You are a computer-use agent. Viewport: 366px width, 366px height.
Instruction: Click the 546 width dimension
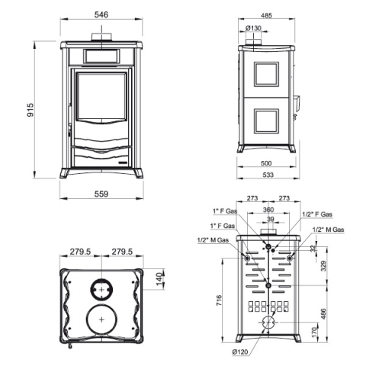coord(101,14)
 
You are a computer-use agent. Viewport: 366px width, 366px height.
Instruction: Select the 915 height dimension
coord(30,110)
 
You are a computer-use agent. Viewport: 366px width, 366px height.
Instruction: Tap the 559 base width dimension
coord(101,194)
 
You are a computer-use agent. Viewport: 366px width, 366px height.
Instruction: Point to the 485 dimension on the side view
coord(266,15)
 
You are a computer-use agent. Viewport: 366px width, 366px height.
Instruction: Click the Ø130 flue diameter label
coord(253,28)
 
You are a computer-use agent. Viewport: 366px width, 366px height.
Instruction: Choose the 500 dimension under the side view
coord(266,163)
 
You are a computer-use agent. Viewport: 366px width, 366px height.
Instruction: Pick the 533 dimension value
coord(268,175)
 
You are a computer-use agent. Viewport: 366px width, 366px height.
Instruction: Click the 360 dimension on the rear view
coord(268,210)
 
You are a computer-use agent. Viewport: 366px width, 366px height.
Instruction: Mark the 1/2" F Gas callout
coord(317,214)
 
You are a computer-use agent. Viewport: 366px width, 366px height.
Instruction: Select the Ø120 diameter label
coord(240,352)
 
